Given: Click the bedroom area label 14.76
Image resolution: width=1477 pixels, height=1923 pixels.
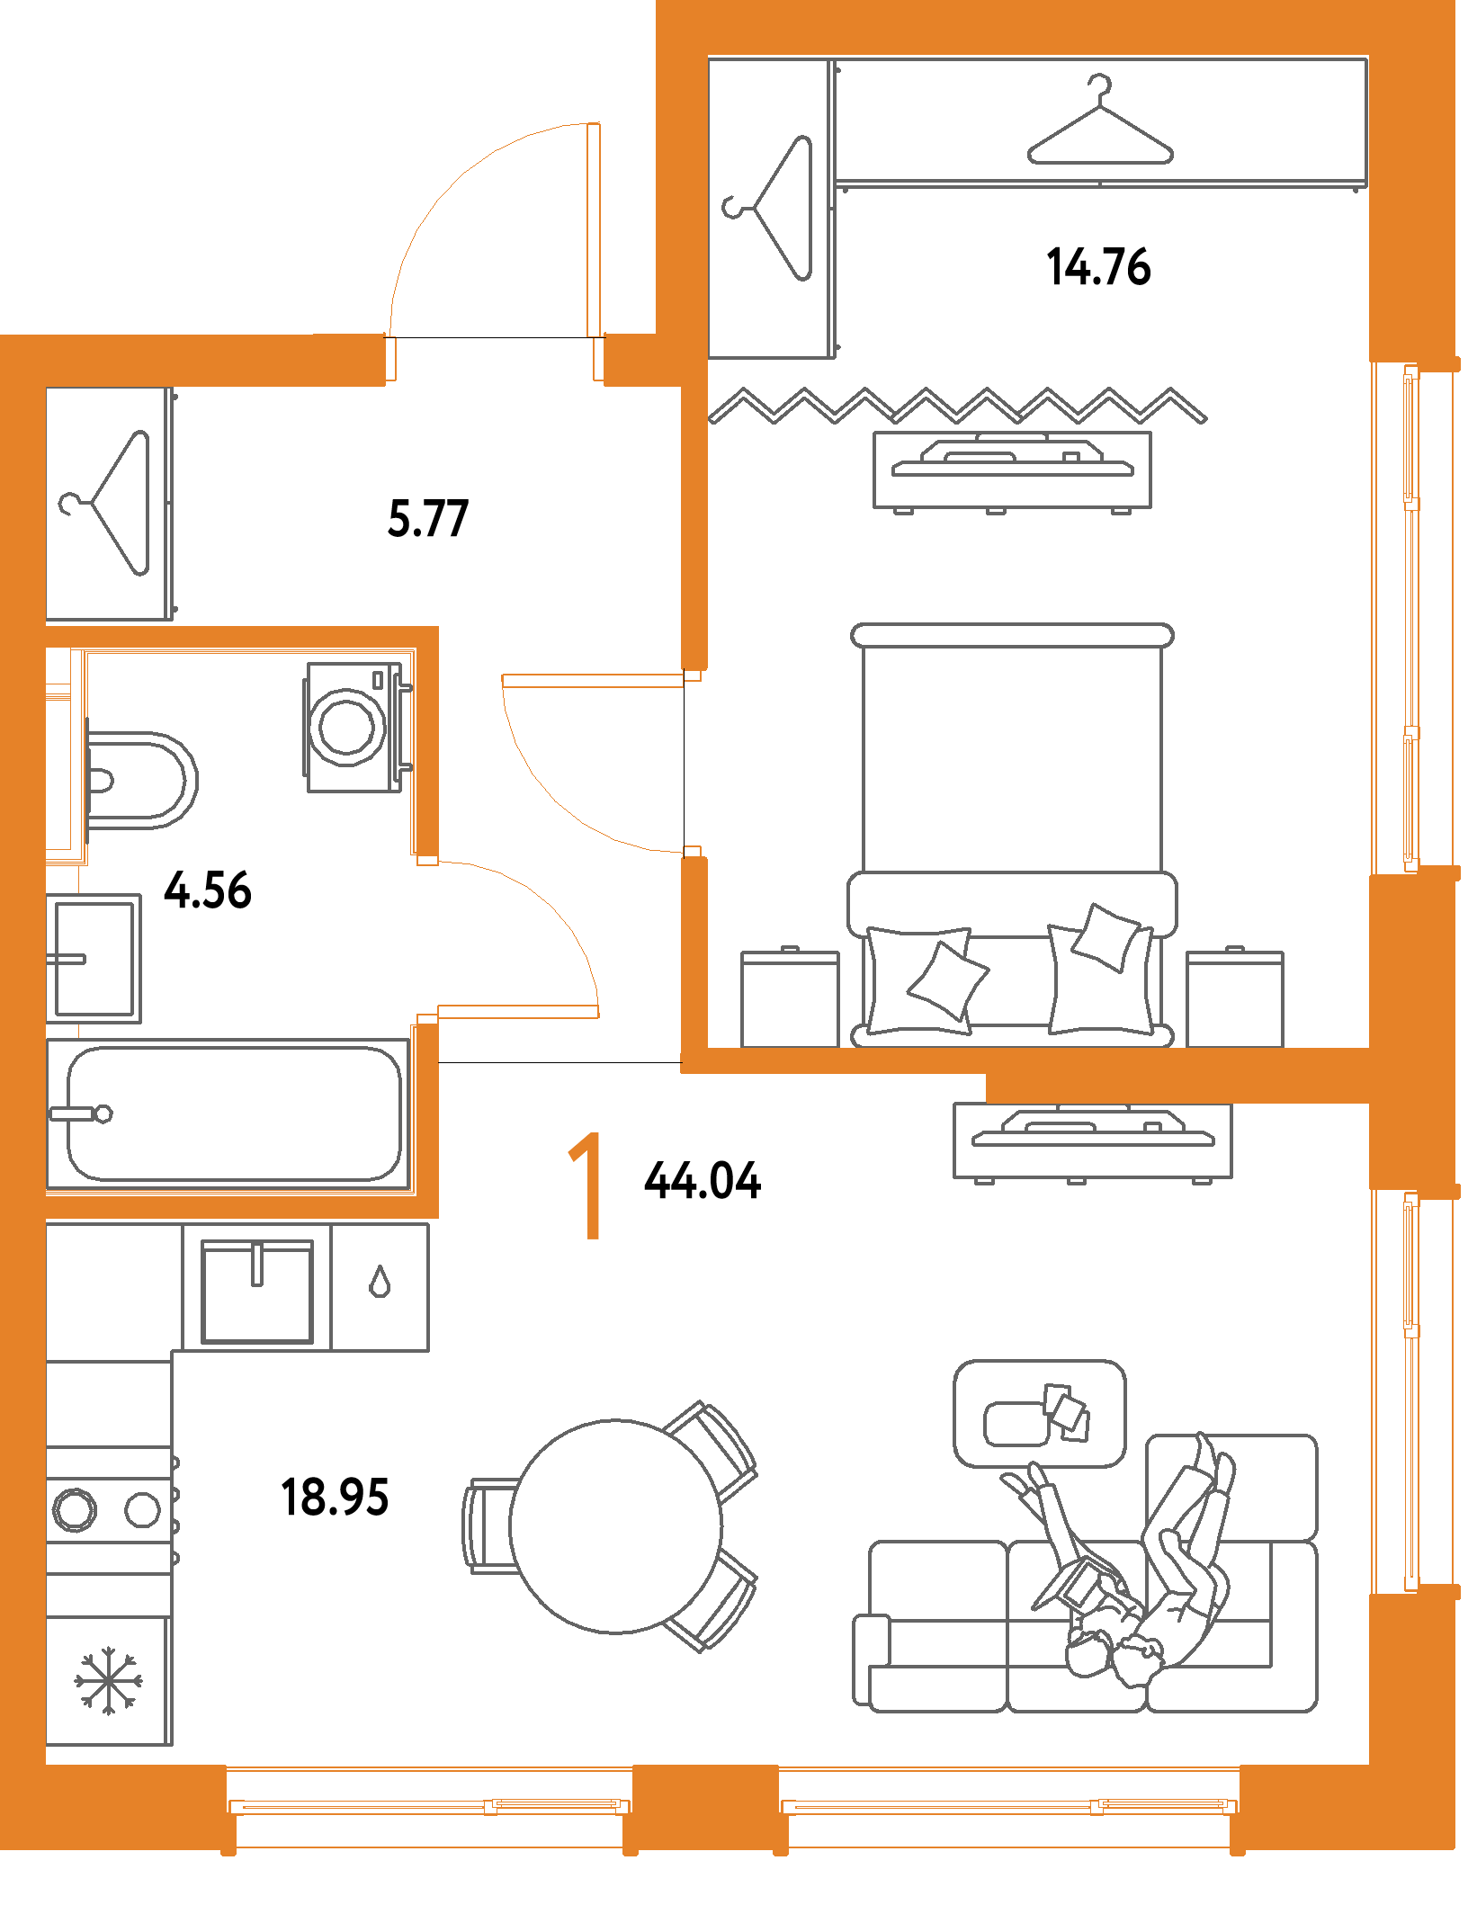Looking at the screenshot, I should (1098, 266).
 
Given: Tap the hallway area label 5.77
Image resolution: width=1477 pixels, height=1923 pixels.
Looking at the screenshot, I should (428, 519).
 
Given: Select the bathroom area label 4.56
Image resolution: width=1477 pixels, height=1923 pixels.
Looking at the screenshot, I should (207, 890).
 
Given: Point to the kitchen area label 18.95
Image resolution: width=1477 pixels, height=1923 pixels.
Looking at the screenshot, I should (335, 1498).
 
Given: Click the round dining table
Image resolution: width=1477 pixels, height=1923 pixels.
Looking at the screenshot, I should (615, 1526).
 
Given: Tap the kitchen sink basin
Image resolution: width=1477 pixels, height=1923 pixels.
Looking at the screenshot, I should (256, 1291).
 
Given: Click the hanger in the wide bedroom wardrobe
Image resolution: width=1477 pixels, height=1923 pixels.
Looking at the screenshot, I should (1100, 123).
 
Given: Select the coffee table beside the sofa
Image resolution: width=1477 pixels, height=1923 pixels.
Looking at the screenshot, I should (1039, 1413).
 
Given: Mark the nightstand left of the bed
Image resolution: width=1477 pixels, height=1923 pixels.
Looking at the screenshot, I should (790, 997).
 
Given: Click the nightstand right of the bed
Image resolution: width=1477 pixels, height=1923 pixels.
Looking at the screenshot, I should (1234, 997).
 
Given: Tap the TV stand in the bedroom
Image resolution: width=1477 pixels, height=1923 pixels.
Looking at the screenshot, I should (1012, 470).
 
